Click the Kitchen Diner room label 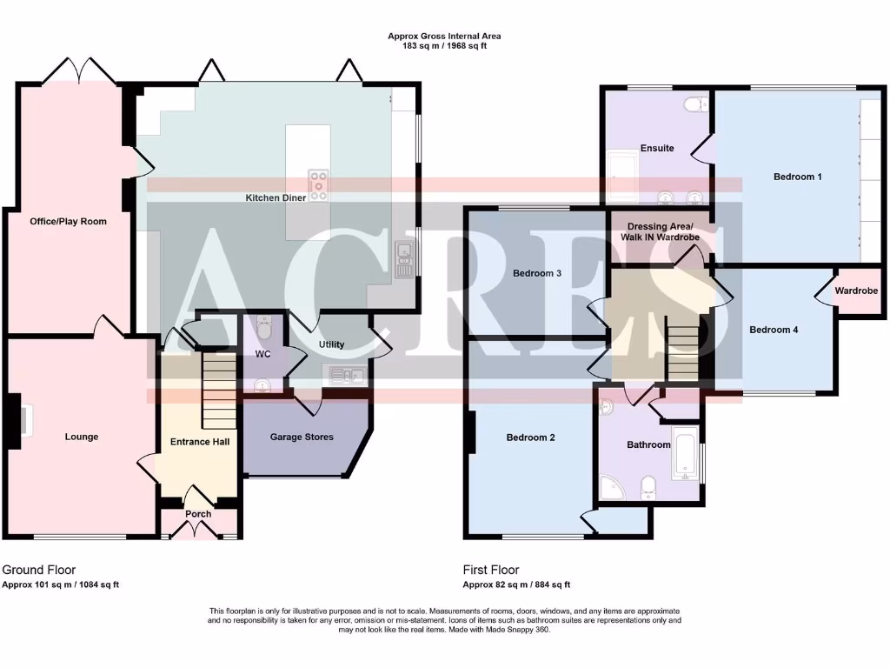tap(276, 198)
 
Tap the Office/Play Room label tap(69, 221)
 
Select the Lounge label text tap(82, 437)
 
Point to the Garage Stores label tap(302, 437)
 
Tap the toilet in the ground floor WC tap(265, 329)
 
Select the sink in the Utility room tap(346, 376)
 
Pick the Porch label tap(198, 514)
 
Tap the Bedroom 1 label tap(797, 177)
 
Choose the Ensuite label tap(657, 148)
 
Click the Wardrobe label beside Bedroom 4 tap(856, 291)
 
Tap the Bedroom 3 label tap(536, 273)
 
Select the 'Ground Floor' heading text tap(39, 570)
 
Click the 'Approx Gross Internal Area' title tap(444, 37)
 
